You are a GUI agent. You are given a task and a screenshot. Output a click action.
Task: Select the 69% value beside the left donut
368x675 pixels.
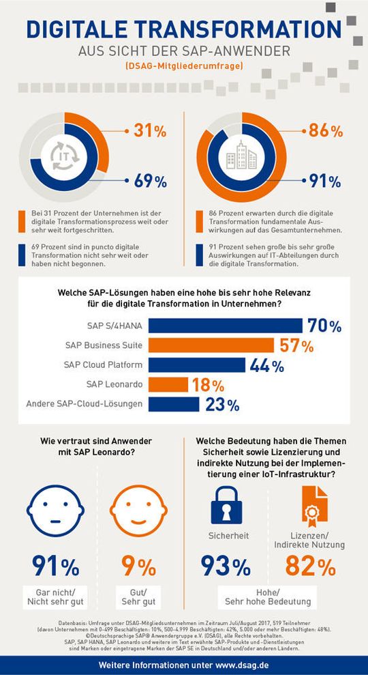(150, 182)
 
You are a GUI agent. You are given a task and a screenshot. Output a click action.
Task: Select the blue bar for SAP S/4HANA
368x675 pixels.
(225, 326)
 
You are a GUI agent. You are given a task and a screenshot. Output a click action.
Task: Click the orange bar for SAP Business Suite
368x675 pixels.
(212, 345)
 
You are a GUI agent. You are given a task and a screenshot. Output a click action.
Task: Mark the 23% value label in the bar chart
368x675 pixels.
(222, 405)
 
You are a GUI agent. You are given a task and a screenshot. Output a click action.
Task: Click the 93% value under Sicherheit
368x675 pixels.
(226, 567)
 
